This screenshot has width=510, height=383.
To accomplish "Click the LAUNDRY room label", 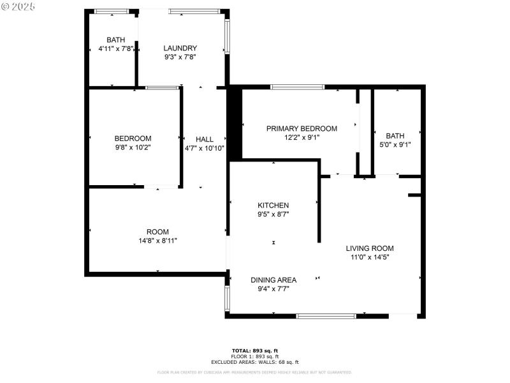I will coord(180,48).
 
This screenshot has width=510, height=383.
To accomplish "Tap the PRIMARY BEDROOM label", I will coord(302,128).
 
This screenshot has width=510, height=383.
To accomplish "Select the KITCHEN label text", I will coord(273,205).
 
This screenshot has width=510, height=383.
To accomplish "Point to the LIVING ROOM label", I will coord(370,248).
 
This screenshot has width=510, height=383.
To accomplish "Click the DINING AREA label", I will coord(273,280).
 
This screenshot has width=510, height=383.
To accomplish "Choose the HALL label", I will coord(205,139).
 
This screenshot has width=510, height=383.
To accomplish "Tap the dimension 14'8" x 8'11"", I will coord(157,241).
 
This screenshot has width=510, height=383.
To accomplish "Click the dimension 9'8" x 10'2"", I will coord(133,147).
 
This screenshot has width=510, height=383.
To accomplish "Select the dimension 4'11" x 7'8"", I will coord(115,49).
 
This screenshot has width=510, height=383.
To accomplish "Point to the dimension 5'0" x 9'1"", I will coord(395,144).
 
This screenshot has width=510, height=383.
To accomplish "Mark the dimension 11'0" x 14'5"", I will coord(370,257).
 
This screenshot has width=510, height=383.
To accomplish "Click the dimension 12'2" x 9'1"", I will coord(302,137).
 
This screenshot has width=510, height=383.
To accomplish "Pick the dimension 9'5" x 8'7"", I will coord(273,214).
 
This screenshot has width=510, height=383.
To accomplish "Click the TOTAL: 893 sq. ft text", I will coord(254,350).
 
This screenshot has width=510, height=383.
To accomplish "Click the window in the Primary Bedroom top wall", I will coord(297,87).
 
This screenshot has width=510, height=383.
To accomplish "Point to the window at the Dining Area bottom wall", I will coord(326,315).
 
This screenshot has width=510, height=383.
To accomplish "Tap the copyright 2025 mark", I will coord(19,6).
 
